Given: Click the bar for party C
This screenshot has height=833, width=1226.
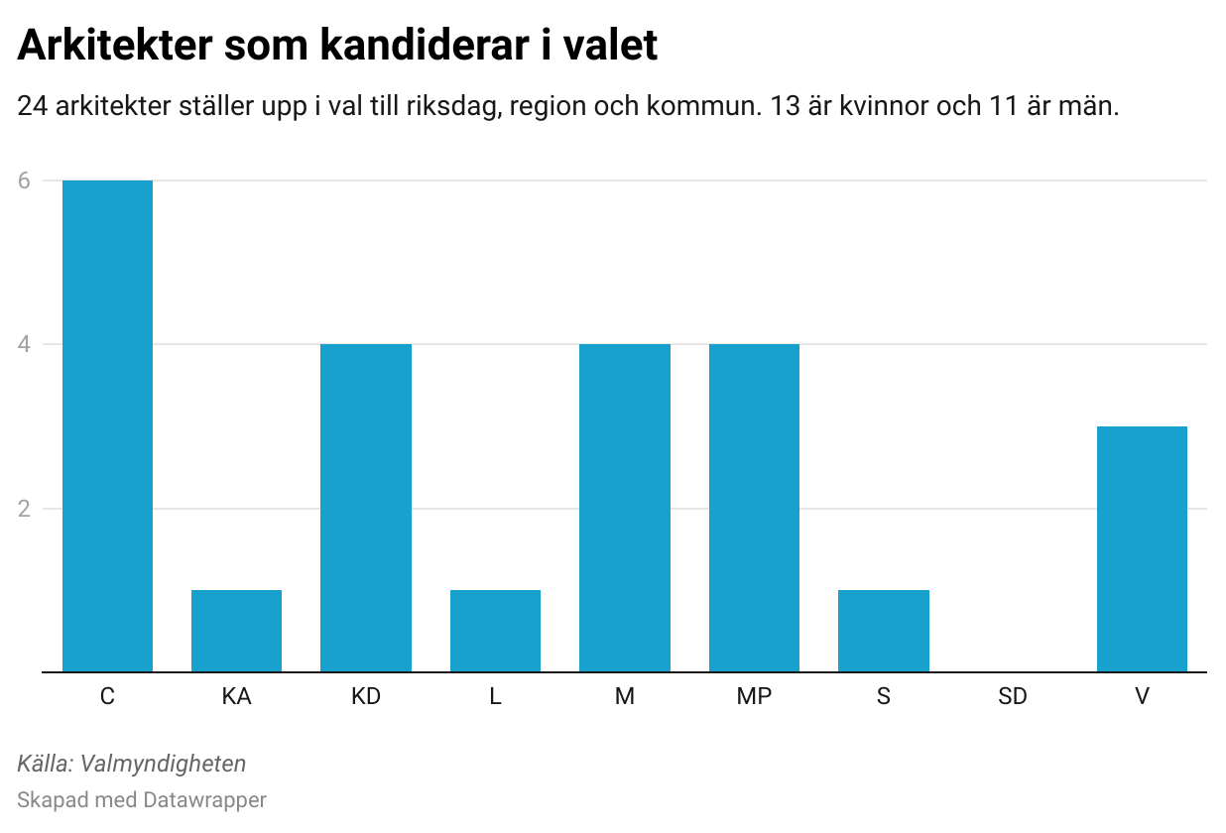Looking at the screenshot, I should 107,426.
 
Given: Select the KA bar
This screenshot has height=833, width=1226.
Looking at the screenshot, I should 236,631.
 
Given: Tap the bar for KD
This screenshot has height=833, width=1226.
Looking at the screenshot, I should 366,508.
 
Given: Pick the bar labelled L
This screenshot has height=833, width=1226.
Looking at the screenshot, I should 495,631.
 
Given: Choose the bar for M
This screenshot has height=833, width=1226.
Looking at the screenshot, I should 625,508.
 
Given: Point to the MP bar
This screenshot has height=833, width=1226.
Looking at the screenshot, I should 754,508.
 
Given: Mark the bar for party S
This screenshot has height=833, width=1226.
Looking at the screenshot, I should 884,631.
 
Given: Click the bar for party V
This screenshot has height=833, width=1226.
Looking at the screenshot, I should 1142,549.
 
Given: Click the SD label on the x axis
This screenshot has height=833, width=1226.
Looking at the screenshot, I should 1013,697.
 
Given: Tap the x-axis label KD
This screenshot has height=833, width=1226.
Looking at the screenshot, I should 366,697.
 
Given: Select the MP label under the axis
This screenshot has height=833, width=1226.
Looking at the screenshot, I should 754,697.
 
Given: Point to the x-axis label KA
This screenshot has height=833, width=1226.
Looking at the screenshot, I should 236,697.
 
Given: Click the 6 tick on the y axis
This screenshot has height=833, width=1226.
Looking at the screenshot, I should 24,180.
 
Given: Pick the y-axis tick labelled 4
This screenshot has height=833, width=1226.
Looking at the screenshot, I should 24,345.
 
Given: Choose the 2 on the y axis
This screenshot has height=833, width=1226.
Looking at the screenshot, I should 24,509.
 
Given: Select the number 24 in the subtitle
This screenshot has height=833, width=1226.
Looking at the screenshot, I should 33,107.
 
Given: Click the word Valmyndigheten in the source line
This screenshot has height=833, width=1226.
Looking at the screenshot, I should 165,764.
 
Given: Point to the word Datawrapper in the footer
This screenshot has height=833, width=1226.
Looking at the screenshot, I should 204,799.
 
